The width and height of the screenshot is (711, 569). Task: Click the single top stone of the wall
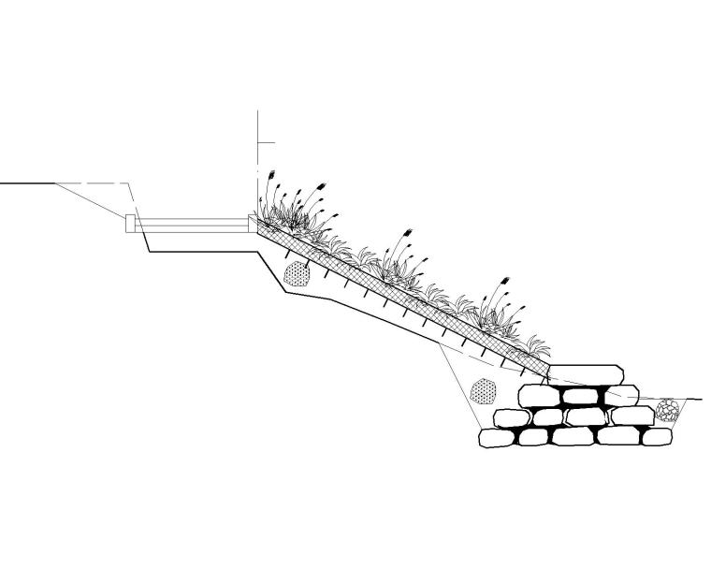pyautogui.click(x=585, y=374)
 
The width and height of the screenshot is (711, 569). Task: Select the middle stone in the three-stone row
pyautogui.click(x=581, y=396)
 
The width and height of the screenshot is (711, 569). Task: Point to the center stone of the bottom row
pyautogui.click(x=573, y=436)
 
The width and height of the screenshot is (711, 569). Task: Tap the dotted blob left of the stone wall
pyautogui.click(x=483, y=390)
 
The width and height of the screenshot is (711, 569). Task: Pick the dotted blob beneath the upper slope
pyautogui.click(x=297, y=273)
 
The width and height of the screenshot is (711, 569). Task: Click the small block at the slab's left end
pyautogui.click(x=130, y=223)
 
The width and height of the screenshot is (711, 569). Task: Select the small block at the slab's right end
pyautogui.click(x=251, y=223)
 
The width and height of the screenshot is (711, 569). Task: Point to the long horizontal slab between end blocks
pyautogui.click(x=191, y=224)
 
